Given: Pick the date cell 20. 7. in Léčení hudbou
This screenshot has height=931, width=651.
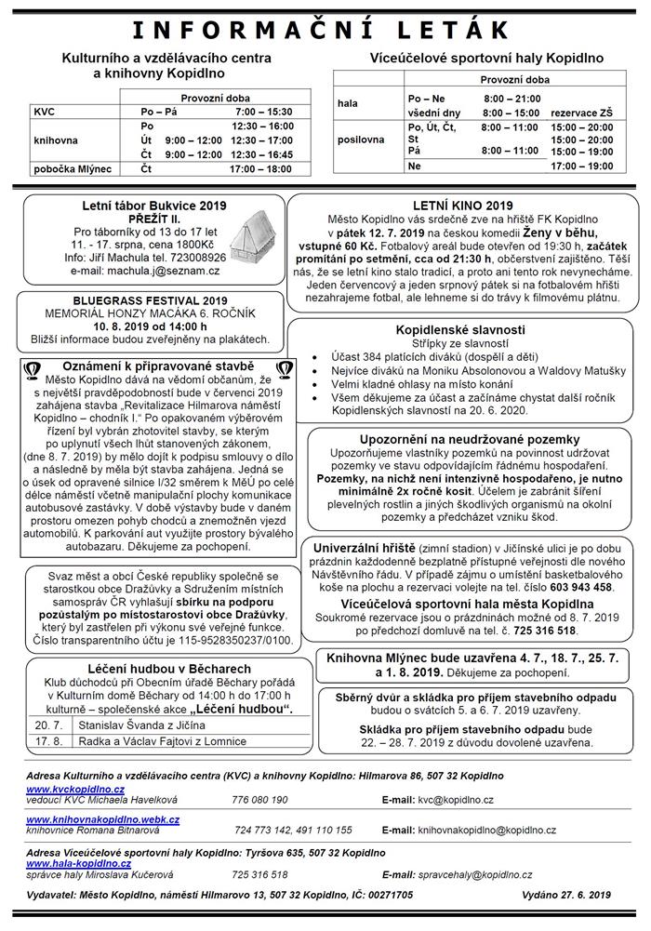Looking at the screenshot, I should click(x=48, y=721).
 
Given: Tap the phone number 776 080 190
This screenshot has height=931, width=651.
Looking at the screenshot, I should click(x=260, y=799).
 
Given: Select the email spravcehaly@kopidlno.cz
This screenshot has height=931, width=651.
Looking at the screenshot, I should click(x=475, y=875).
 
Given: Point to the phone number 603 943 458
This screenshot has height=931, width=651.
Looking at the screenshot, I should click(x=583, y=587).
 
